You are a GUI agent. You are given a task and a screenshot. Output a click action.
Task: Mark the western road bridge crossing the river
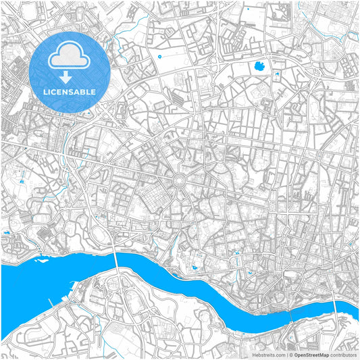pyautogui.click(x=118, y=258)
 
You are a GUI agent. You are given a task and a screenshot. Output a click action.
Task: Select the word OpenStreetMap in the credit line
pyautogui.click(x=311, y=354)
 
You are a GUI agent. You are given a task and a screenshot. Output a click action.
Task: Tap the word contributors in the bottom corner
pyautogui.click(x=344, y=354)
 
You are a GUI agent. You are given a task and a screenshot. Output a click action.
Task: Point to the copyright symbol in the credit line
pyautogui.click(x=289, y=354)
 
